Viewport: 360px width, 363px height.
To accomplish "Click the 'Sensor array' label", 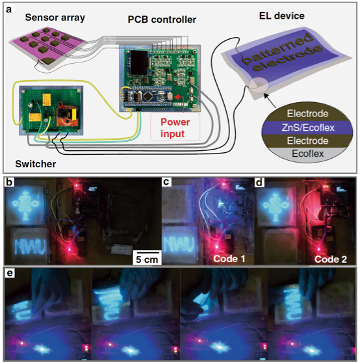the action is click(x=55, y=18).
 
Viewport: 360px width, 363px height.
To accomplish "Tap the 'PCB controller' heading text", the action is click(x=162, y=20).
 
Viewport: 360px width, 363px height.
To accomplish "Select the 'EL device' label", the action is click(x=282, y=16).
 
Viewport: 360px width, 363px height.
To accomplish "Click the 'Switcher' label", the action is click(x=36, y=164).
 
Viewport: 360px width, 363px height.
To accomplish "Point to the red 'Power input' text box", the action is click(x=175, y=128).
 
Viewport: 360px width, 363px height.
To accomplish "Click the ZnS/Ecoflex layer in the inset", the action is click(x=308, y=128).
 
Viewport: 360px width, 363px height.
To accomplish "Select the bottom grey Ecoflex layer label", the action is click(x=308, y=154).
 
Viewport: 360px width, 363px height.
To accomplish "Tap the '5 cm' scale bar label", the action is click(x=147, y=260).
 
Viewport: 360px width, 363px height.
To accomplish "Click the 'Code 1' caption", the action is click(x=229, y=259).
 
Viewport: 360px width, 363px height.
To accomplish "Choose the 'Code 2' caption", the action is click(x=331, y=260).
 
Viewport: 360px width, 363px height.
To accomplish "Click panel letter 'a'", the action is click(x=9, y=10).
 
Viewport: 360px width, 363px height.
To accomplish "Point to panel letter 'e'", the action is click(x=10, y=273).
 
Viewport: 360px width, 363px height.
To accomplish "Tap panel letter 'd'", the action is click(x=259, y=182).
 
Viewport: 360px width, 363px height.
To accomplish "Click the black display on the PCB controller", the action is click(x=139, y=62).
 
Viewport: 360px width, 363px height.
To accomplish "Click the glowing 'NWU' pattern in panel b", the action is click(x=30, y=247).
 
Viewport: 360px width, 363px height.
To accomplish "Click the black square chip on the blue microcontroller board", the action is click(x=148, y=97).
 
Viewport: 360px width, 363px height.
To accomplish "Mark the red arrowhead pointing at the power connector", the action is click(x=175, y=96).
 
